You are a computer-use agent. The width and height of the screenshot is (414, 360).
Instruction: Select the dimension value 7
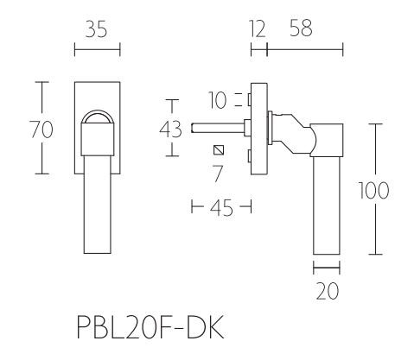(219, 173)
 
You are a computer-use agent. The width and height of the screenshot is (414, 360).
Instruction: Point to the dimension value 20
(328, 292)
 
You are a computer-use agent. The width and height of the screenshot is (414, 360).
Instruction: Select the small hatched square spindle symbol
(219, 151)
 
